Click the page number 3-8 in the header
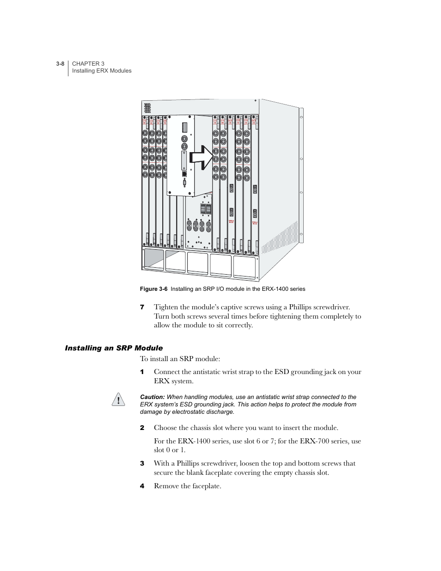[x=60, y=64]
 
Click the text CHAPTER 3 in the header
[x=88, y=64]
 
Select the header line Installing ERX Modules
[x=102, y=71]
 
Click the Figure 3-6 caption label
[x=153, y=289]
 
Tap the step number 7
[x=142, y=307]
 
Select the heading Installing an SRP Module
[x=114, y=348]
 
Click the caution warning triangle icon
[x=118, y=399]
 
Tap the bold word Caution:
[x=152, y=397]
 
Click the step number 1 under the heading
[x=142, y=372]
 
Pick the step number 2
[x=142, y=428]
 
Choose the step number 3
[x=142, y=463]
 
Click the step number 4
[x=142, y=486]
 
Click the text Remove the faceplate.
[x=187, y=486]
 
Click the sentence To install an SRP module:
[x=180, y=359]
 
